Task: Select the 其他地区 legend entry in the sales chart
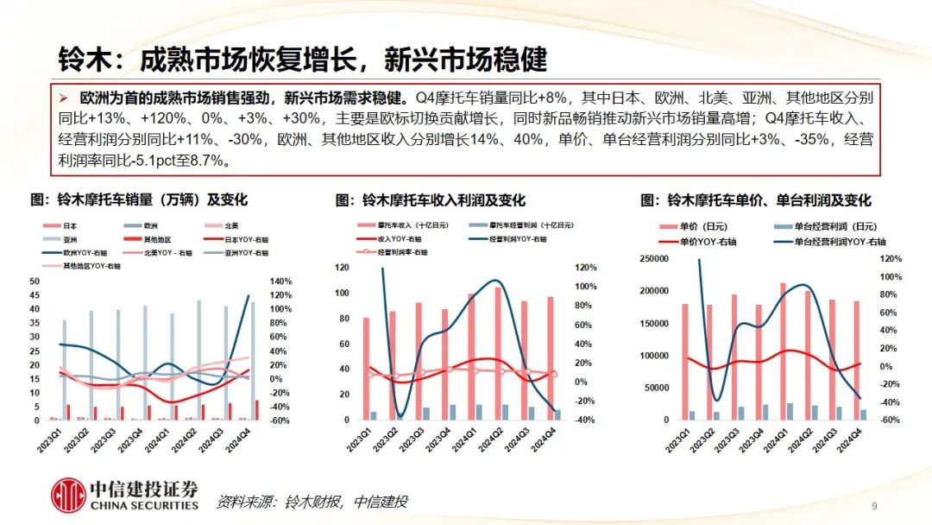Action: (x=146, y=238)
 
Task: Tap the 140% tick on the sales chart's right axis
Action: (x=281, y=281)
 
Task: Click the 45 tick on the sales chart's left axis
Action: (x=34, y=295)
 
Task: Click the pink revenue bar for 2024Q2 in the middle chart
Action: (x=497, y=353)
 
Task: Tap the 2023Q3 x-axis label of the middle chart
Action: (x=418, y=437)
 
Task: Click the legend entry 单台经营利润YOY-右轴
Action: (x=837, y=242)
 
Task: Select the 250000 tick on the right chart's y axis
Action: (x=655, y=259)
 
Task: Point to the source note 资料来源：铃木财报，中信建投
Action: (x=312, y=502)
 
